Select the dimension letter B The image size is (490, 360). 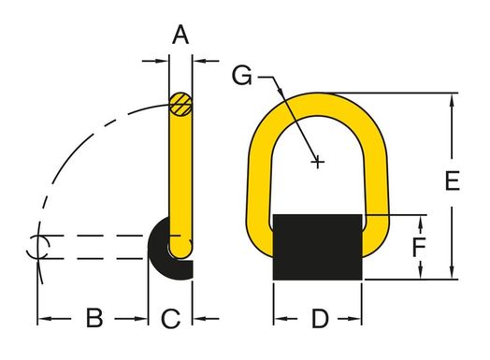(x=94, y=319)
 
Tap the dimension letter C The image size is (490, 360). (x=170, y=319)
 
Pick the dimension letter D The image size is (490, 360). (x=320, y=319)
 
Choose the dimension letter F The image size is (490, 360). (x=421, y=248)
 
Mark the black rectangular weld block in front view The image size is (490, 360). (x=318, y=247)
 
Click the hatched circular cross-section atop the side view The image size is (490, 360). (x=181, y=102)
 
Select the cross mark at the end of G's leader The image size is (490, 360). (x=319, y=163)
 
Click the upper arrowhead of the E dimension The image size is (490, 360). (x=454, y=97)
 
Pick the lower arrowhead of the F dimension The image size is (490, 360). (x=422, y=274)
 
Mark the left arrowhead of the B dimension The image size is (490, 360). (x=43, y=320)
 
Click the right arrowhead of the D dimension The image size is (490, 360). (x=359, y=320)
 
